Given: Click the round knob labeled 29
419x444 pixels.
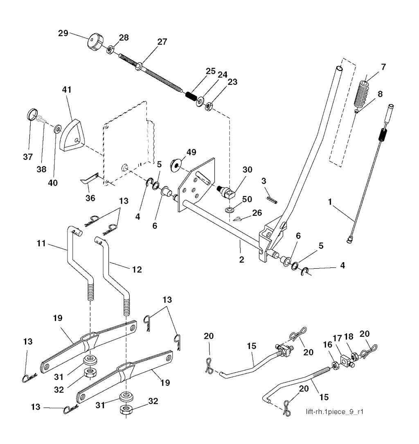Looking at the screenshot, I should click(x=94, y=42).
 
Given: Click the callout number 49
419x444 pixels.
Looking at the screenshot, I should click(x=191, y=153).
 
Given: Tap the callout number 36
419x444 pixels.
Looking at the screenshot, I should click(x=90, y=198).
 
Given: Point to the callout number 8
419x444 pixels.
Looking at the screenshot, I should click(x=380, y=94).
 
